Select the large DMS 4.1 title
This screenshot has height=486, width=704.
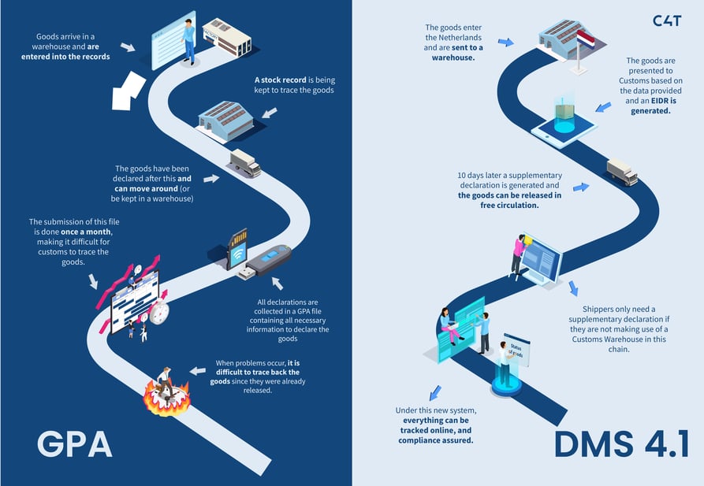click(x=622, y=443)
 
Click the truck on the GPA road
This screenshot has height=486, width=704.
click(x=244, y=163)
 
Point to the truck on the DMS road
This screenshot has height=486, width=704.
click(x=622, y=172)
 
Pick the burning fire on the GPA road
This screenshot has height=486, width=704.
click(x=166, y=395)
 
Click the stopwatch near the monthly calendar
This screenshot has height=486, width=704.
click(x=159, y=312)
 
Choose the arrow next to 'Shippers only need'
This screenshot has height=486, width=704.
click(x=572, y=288)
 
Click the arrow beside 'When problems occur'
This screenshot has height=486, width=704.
click(x=197, y=370)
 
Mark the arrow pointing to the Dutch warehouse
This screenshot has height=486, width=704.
click(x=505, y=42)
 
